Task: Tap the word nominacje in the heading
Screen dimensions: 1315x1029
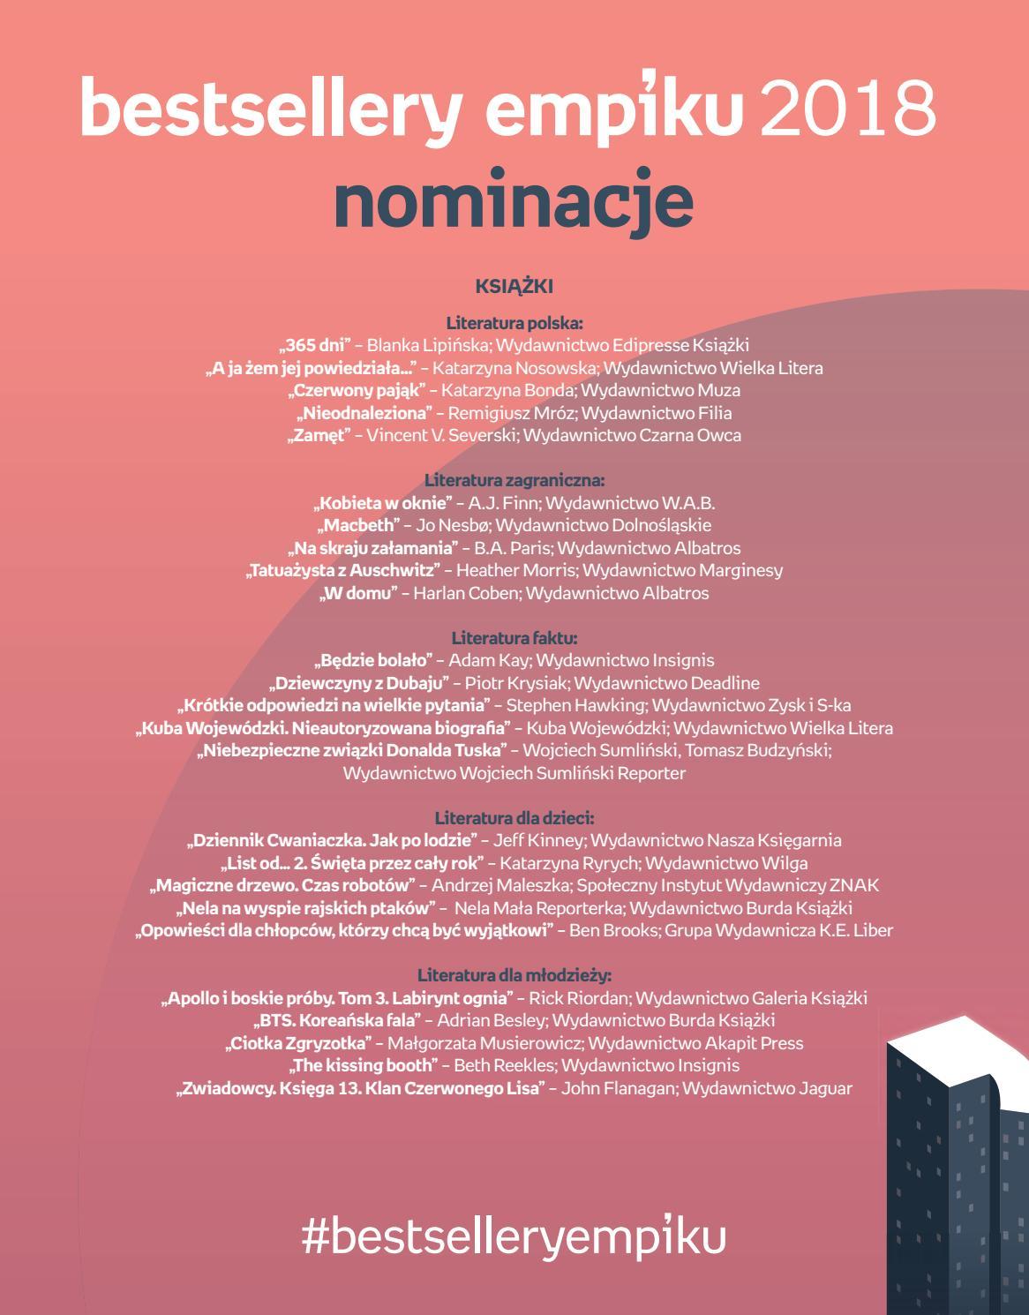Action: pos(514,200)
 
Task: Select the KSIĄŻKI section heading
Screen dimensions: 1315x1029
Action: pos(514,286)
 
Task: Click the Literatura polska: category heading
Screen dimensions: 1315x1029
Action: pos(514,323)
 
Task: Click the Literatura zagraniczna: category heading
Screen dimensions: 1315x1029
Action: pos(514,480)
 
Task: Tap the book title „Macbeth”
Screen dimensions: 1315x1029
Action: pos(358,525)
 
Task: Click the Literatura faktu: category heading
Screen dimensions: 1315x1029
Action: pos(514,637)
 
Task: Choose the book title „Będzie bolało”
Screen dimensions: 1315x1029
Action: pos(373,660)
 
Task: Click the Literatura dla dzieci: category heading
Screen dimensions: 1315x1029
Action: pos(514,818)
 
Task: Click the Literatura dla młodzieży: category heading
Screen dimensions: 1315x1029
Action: pos(514,975)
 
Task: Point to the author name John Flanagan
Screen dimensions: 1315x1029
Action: pos(618,1088)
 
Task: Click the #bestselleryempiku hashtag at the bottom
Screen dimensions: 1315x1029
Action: pos(514,1236)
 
